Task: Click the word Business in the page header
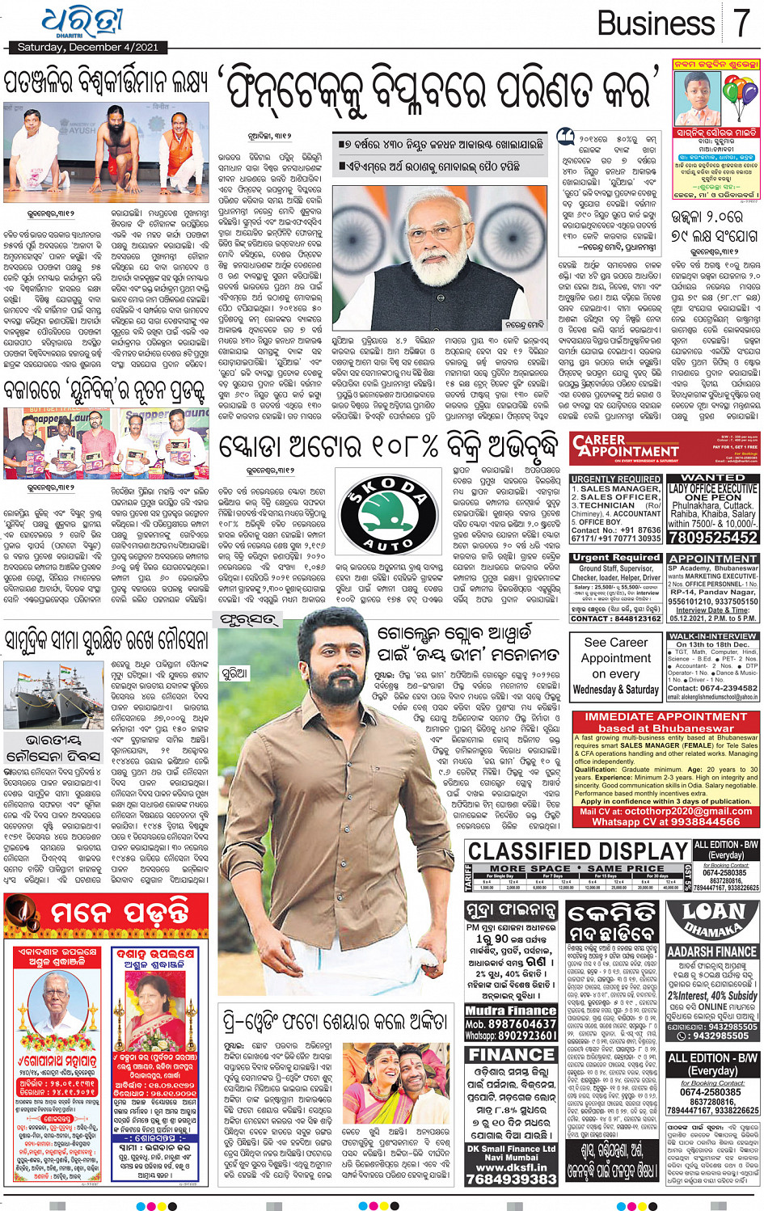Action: (656, 23)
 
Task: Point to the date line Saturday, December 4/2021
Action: (88, 48)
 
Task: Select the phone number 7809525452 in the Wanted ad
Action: (712, 538)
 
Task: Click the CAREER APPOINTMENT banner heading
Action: (625, 446)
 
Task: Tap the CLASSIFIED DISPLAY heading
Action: (578, 851)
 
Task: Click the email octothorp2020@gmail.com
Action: (677, 812)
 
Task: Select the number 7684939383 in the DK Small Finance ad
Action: (511, 1179)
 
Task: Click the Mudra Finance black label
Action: (510, 1011)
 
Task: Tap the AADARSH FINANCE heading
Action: (712, 951)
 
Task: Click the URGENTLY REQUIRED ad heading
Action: (616, 479)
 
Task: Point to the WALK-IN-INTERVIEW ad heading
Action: (712, 637)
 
